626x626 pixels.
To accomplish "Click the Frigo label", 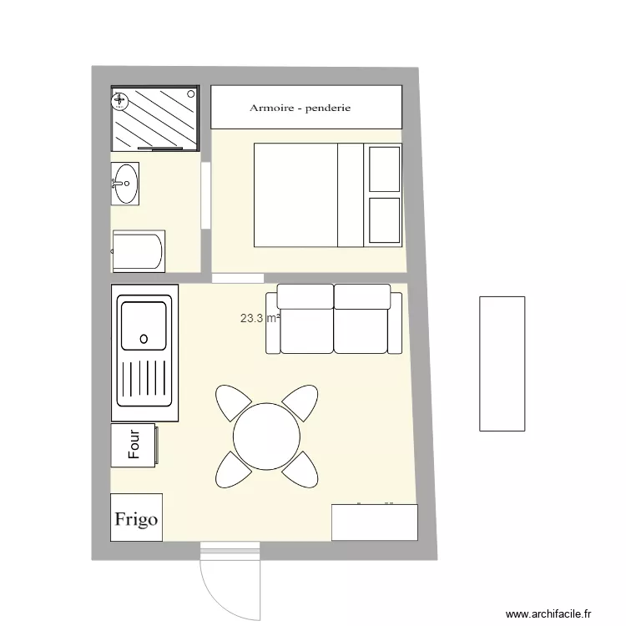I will point(136,518).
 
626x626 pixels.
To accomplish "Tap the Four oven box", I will point(134,445).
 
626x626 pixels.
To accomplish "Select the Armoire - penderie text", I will point(300,108).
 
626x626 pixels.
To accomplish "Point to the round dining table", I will point(266,436).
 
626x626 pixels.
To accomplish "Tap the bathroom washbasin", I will point(126,183).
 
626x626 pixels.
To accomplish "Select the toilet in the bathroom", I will point(139,251).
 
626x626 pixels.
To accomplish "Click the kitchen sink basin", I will point(144,324).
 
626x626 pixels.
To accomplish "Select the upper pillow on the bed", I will point(384,169).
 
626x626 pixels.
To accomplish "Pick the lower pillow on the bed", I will point(384,221).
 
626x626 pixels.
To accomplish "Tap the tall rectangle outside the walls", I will point(502,363).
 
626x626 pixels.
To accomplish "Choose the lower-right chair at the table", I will point(302,471).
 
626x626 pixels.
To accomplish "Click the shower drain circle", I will point(120,102).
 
